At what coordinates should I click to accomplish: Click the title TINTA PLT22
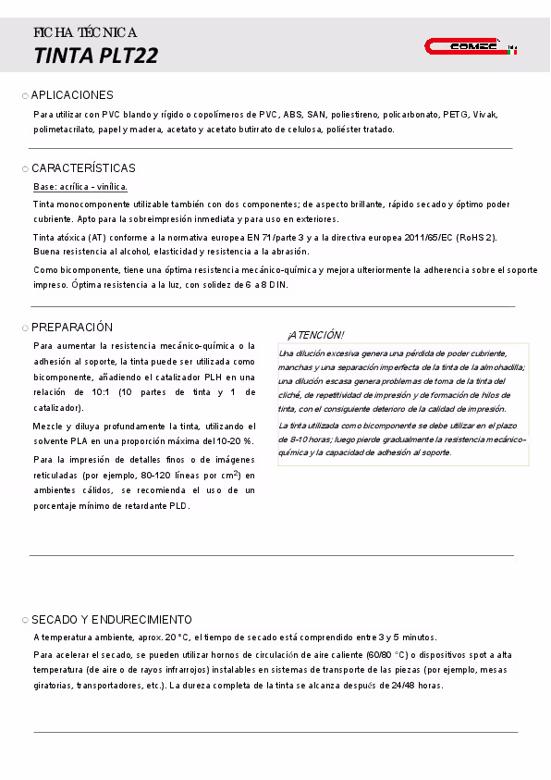tap(96, 56)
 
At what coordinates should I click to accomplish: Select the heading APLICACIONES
tap(72, 95)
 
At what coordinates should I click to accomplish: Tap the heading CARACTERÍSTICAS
tap(83, 168)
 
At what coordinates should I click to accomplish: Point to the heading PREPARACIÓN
tap(72, 328)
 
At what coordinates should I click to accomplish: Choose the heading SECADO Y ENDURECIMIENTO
tap(112, 620)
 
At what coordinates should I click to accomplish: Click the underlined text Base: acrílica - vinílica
tap(80, 187)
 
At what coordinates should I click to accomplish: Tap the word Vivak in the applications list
tap(485, 115)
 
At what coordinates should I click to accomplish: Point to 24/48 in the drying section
tap(398, 686)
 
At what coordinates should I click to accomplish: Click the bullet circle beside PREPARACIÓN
tap(25, 328)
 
